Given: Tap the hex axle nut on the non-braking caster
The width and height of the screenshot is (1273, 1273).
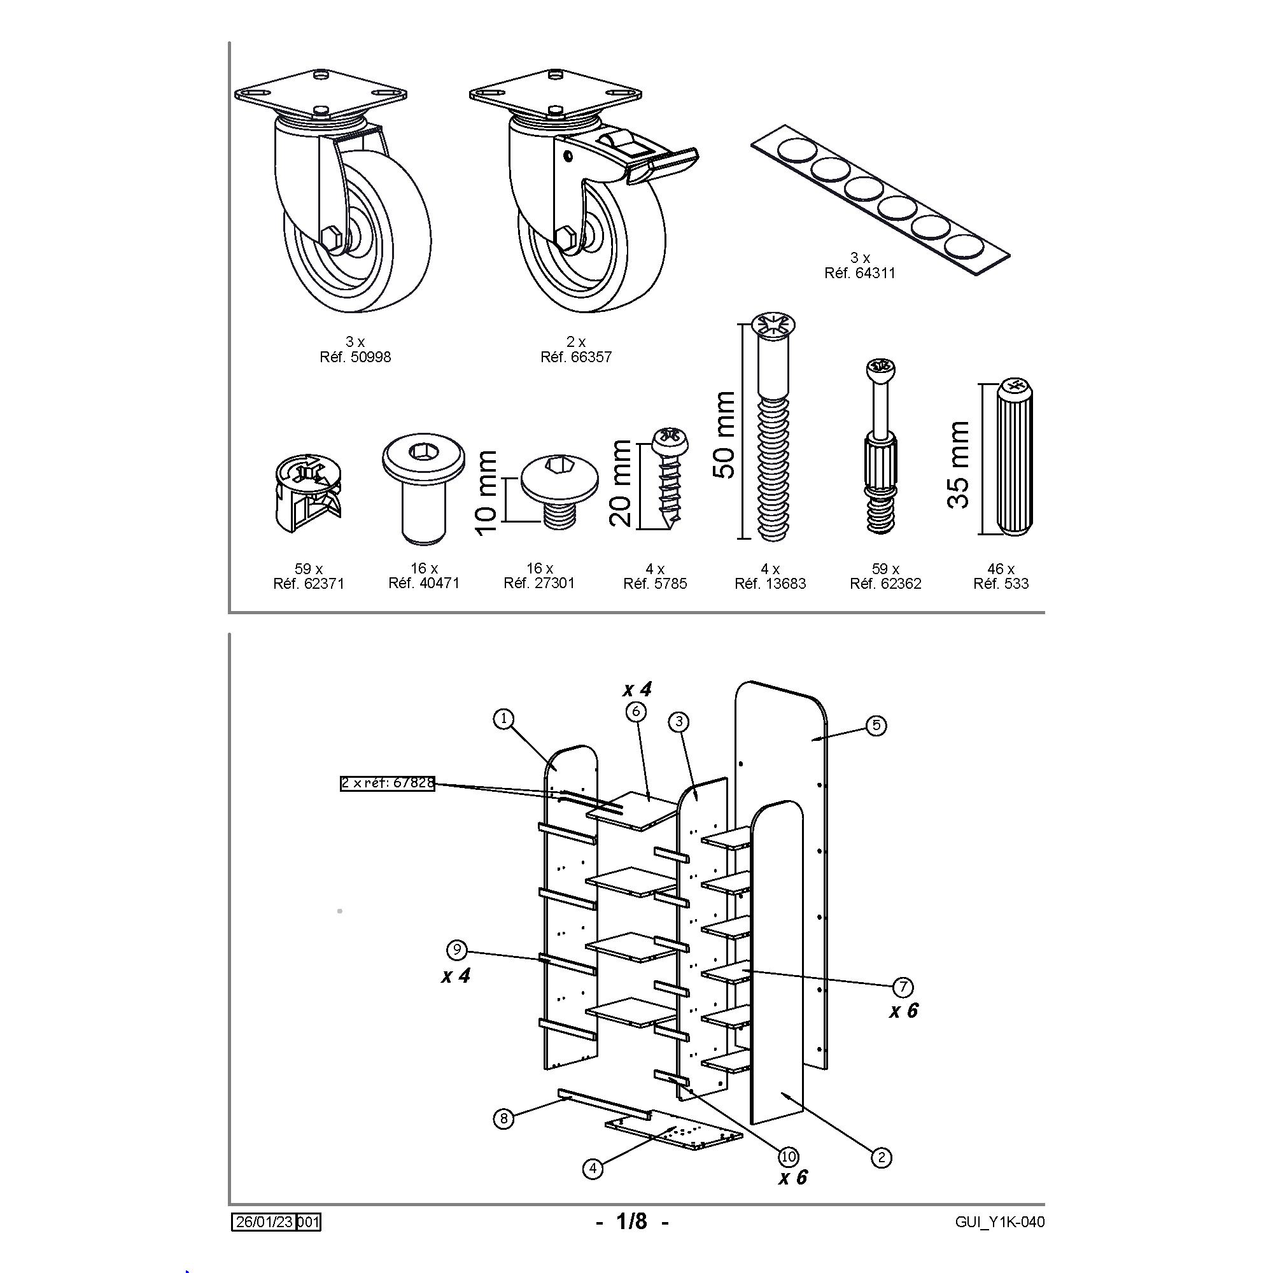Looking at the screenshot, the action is click(333, 237).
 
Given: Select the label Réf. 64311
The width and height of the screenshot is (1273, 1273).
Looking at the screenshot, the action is click(860, 273).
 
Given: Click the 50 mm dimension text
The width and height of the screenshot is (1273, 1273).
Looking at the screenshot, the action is click(725, 435).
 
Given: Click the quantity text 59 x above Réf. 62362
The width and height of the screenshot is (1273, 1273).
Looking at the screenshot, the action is click(885, 568).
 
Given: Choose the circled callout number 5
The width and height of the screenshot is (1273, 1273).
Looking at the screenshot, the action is click(876, 726).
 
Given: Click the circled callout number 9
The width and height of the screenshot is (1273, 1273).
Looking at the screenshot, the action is click(456, 950).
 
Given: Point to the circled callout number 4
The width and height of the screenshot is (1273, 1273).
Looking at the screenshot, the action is click(593, 1168).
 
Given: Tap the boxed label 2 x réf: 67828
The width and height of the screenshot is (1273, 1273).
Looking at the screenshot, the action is click(388, 784).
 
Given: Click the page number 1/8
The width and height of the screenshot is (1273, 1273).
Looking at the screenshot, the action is click(632, 1221).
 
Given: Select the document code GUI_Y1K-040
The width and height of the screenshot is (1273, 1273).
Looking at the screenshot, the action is click(999, 1221).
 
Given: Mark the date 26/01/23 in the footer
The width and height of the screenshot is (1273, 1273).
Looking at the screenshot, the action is click(264, 1221).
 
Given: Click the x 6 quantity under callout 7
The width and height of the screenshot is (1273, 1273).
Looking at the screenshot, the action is click(903, 1011).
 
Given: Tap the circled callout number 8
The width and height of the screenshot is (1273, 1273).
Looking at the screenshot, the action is click(503, 1118).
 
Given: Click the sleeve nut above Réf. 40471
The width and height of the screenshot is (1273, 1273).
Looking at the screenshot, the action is click(424, 488).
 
